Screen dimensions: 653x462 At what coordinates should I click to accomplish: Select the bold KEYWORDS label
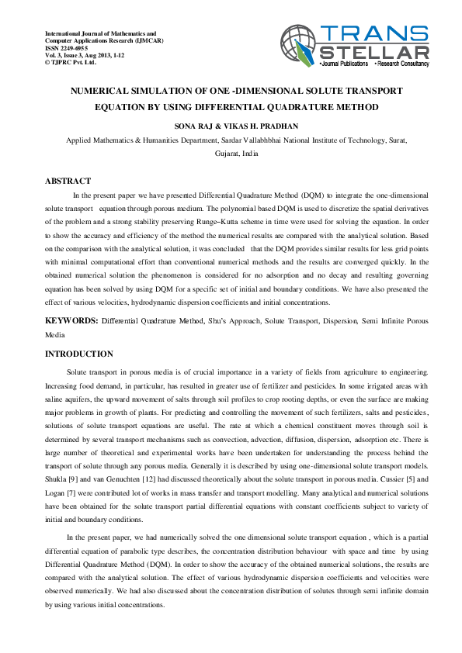[71, 320]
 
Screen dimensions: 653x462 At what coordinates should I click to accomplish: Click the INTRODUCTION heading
[79, 354]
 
